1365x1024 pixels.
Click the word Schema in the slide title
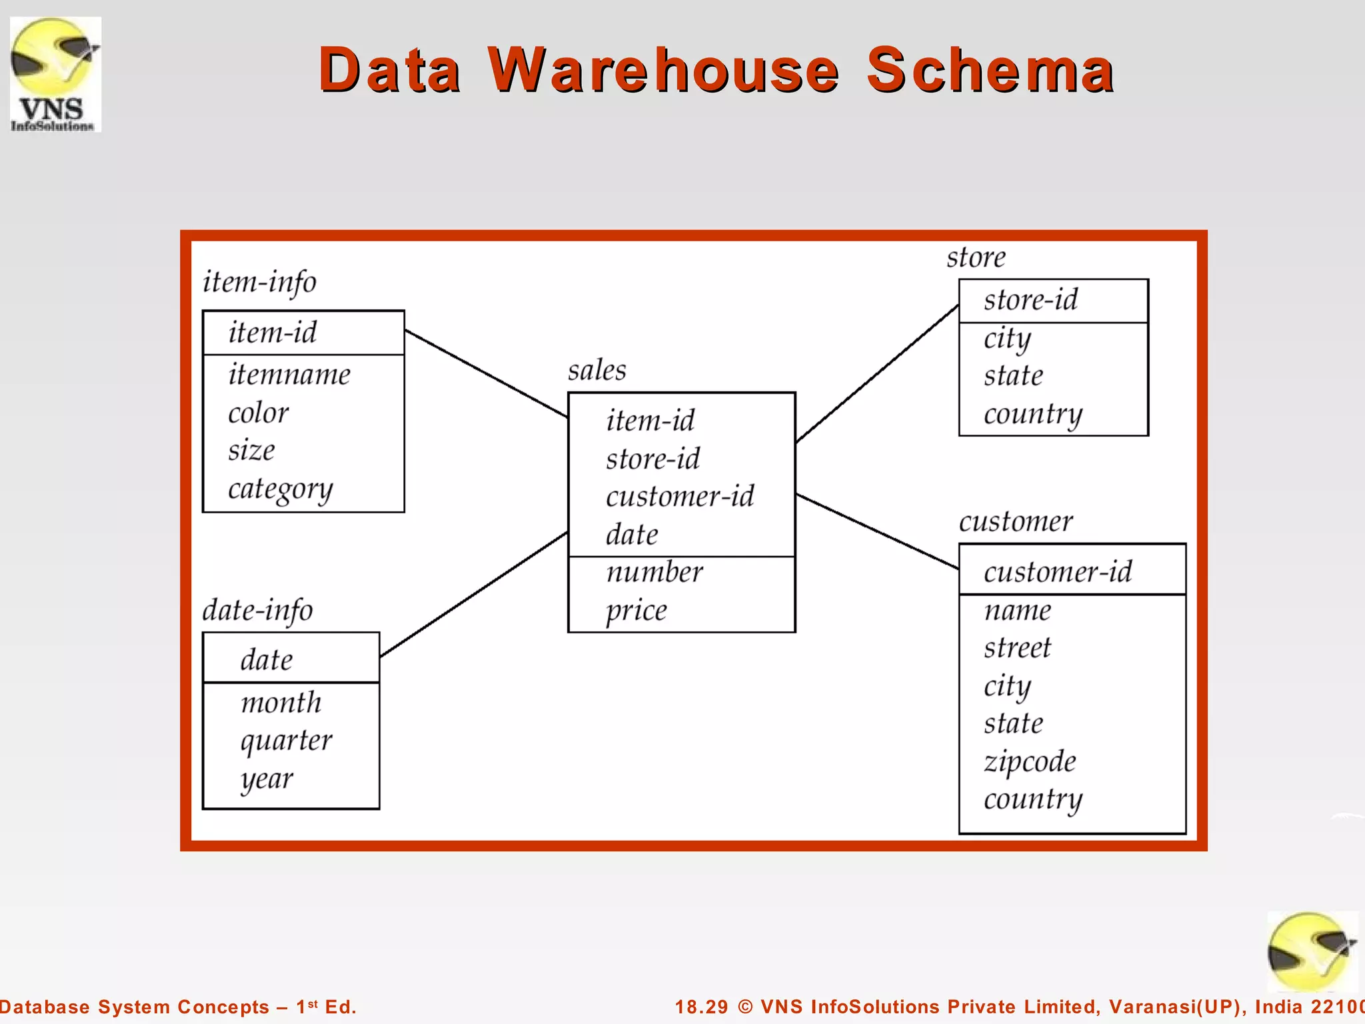990,69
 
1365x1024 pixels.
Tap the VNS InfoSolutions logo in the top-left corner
55,74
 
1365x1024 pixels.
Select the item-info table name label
259,282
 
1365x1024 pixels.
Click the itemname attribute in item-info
289,374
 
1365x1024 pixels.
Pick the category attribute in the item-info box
280,489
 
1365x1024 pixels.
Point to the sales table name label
597,370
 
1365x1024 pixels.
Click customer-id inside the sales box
680,497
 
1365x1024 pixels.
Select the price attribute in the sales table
636,611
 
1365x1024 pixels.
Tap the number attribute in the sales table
655,572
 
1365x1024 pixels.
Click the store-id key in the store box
1030,300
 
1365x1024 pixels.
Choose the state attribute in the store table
1013,375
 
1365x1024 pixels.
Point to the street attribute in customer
1017,648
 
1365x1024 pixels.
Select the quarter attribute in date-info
286,741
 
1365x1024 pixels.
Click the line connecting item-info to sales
486,373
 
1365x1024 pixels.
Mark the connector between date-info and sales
473,595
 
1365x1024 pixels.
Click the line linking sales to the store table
877,373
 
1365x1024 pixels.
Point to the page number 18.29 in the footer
701,1007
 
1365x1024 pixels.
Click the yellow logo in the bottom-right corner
1312,951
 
